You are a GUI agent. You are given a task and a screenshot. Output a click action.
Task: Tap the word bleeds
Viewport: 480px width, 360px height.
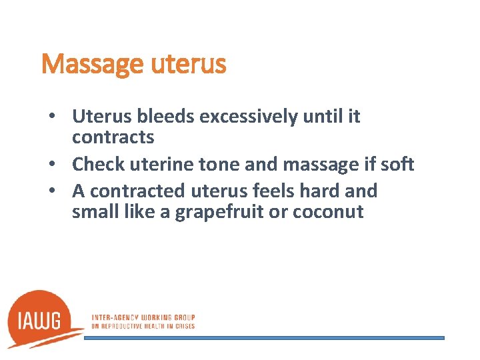(x=166, y=117)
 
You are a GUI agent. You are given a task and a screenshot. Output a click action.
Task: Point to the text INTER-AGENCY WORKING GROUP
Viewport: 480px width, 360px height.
(x=143, y=317)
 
